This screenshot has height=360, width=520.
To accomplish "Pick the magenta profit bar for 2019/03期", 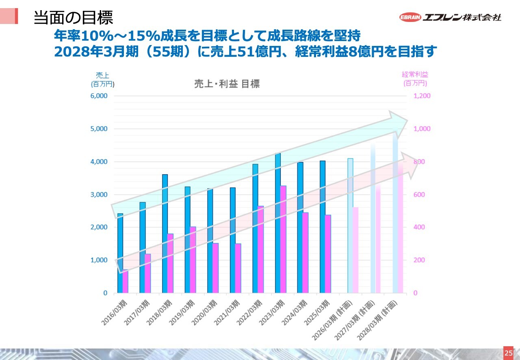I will [193, 260].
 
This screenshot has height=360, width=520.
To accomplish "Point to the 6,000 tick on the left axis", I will [99, 96].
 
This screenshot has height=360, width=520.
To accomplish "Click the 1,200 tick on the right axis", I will [422, 96].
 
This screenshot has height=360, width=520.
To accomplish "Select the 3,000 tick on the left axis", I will [99, 195].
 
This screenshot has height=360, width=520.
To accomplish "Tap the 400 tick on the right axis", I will [419, 227].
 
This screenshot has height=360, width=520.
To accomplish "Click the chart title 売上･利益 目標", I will [227, 84].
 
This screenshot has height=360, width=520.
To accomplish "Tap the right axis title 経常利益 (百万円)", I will [415, 79].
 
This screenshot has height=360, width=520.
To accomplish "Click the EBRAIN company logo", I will [450, 17].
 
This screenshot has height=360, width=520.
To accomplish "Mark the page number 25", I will [508, 353].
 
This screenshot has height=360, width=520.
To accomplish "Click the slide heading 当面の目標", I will [73, 17].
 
